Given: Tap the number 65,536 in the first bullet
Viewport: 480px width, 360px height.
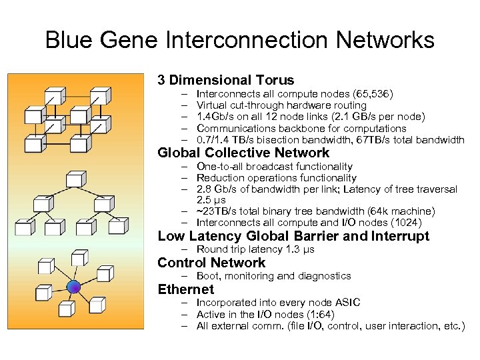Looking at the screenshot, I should (374, 94).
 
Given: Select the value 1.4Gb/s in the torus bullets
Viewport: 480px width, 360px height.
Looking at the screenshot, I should (217, 117).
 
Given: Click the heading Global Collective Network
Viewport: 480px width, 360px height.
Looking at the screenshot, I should (243, 153).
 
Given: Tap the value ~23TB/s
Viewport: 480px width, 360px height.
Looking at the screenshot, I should (217, 211).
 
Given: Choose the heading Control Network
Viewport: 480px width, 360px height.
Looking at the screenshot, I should (211, 263).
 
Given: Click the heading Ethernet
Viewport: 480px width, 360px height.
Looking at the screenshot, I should (186, 289).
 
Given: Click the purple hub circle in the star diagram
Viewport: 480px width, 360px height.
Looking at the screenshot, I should (75, 287).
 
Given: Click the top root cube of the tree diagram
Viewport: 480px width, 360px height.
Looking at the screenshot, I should (75, 179).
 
